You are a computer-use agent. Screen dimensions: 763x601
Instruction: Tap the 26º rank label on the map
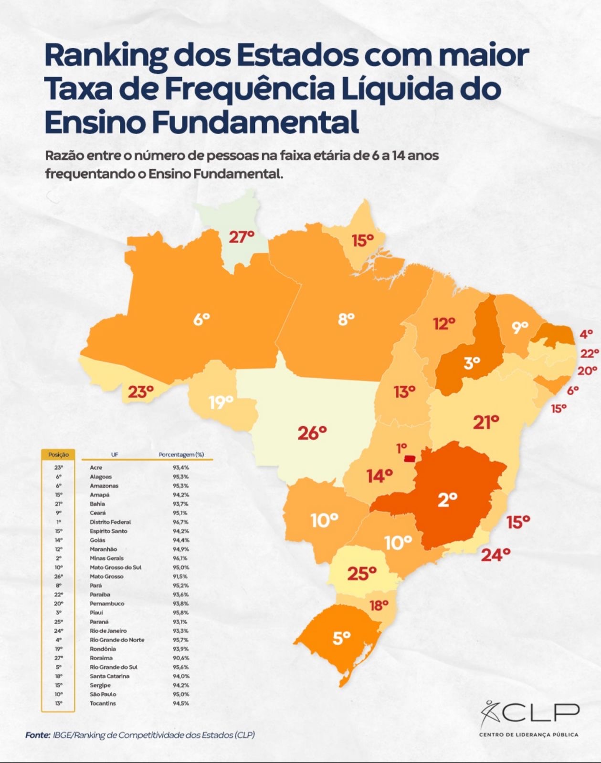(x=312, y=433)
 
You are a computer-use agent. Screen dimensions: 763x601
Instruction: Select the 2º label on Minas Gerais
(x=447, y=499)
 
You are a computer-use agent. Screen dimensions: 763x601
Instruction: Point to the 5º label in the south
(x=341, y=638)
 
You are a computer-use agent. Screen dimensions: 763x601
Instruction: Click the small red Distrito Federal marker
(x=410, y=459)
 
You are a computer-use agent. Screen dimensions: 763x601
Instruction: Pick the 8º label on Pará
(x=346, y=319)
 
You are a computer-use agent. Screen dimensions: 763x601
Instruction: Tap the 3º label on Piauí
(x=472, y=363)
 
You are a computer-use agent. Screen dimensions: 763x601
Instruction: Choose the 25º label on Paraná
(x=362, y=573)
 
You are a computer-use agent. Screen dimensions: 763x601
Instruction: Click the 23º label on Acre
(x=140, y=392)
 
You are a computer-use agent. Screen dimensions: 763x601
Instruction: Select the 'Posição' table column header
(x=58, y=454)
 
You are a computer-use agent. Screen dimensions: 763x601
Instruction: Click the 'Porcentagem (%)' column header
(x=181, y=454)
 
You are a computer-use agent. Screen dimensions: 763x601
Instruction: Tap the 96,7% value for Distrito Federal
(x=181, y=522)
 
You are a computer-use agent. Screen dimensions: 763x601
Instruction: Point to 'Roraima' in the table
(x=101, y=658)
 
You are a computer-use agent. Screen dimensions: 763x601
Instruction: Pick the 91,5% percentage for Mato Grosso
(x=181, y=577)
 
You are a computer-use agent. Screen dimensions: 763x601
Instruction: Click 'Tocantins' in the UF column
(x=103, y=703)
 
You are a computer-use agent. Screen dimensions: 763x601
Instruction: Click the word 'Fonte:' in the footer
(x=38, y=735)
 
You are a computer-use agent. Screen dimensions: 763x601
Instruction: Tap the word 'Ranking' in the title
(x=105, y=55)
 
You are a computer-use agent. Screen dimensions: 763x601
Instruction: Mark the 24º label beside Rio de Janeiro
(x=496, y=555)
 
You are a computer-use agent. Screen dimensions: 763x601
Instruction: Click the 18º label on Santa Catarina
(x=379, y=605)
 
